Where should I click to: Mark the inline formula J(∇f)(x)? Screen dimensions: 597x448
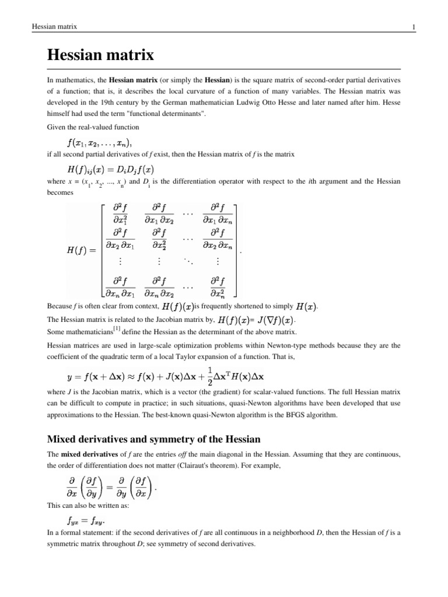270,319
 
